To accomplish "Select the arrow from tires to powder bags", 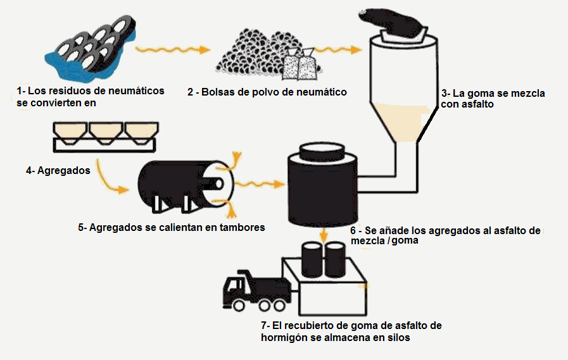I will coord(172,49).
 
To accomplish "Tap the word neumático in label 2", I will coord(319,92).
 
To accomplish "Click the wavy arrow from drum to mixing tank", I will coord(260,183).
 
